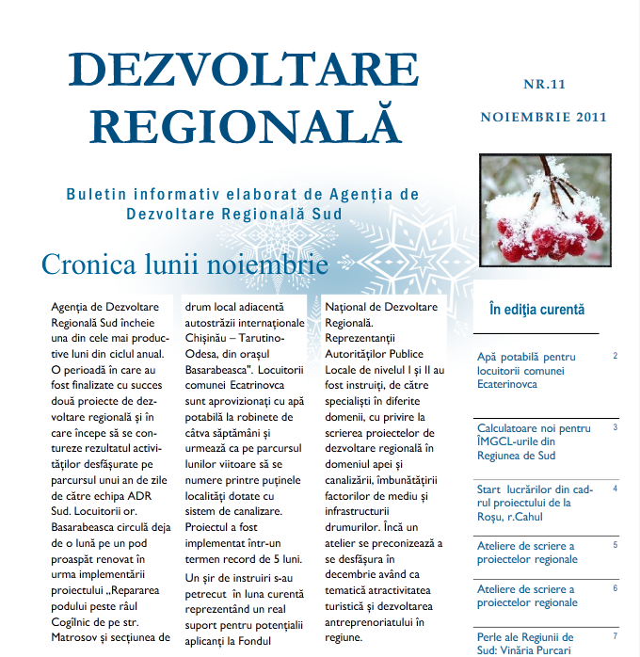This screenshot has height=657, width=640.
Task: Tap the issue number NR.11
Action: coord(545,84)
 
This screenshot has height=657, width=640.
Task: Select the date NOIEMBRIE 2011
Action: coord(543,118)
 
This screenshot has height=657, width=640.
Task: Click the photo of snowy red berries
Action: coord(543,210)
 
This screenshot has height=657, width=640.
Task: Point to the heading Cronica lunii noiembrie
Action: coord(184,264)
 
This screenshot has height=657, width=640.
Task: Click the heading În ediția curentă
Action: coord(537,309)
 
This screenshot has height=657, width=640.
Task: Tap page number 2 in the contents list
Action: coord(615,356)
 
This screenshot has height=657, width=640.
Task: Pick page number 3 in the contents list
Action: coord(615,426)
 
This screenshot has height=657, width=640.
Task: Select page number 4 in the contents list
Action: coord(615,489)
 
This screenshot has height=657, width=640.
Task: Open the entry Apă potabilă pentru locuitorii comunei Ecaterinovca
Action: coord(527,371)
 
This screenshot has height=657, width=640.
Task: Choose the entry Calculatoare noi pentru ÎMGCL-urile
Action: coord(534,441)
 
